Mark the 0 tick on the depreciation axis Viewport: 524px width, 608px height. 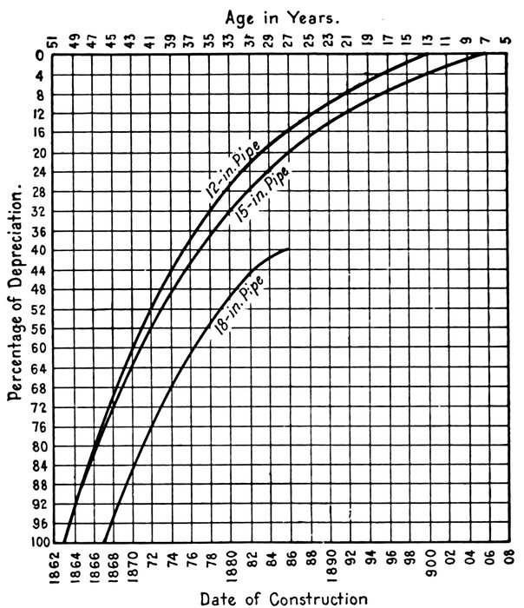pyautogui.click(x=39, y=56)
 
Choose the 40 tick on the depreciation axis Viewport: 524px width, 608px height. pyautogui.click(x=37, y=251)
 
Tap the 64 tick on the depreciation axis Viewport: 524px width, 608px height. pyautogui.click(x=37, y=368)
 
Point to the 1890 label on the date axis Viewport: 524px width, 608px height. pyautogui.click(x=331, y=565)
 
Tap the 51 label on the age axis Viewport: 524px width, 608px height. pyautogui.click(x=53, y=41)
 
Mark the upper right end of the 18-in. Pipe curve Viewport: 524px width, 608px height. pyautogui.click(x=288, y=249)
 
